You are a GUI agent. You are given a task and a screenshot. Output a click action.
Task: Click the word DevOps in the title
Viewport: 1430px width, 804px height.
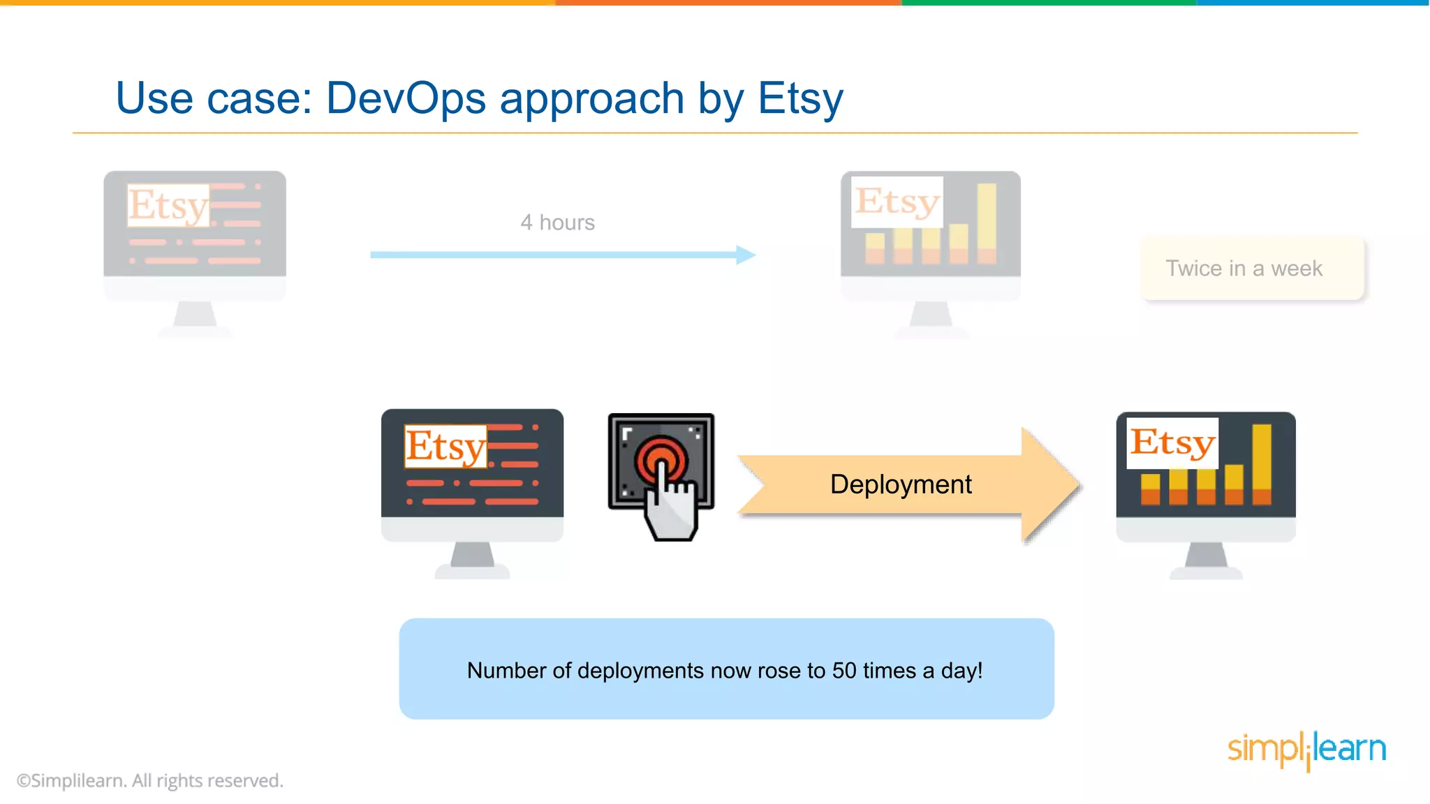click(406, 98)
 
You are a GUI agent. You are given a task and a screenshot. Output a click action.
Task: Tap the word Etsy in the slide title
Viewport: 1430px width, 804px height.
click(800, 98)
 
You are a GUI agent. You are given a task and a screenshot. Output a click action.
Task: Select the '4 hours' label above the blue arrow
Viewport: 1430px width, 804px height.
click(557, 223)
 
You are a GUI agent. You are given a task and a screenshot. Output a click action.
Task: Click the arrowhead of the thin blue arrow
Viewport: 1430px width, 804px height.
click(746, 255)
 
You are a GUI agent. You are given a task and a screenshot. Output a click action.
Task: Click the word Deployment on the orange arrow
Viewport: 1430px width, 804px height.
click(900, 484)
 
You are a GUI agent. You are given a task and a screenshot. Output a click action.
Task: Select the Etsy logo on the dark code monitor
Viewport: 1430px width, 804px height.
click(445, 446)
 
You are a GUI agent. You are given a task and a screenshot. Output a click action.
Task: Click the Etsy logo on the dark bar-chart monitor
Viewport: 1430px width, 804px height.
click(1173, 442)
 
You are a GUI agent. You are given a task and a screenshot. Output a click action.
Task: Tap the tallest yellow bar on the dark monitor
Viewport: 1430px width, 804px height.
click(1261, 463)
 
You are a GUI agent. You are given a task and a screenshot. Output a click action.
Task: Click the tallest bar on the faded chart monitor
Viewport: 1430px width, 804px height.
click(986, 223)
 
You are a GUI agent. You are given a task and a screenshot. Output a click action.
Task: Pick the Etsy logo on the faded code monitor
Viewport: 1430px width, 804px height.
click(168, 205)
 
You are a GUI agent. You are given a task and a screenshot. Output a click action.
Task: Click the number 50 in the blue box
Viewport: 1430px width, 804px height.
click(843, 671)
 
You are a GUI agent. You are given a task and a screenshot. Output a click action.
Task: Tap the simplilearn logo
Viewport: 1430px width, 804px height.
click(1306, 750)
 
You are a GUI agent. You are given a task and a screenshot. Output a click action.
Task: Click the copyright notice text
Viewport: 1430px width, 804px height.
click(150, 780)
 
